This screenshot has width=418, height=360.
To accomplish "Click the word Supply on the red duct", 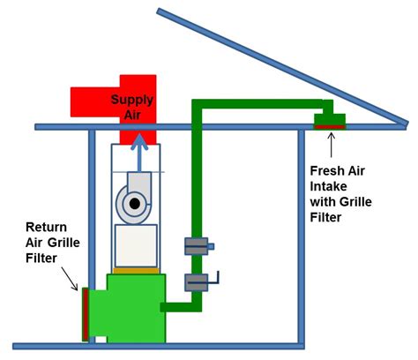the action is coord(132,101).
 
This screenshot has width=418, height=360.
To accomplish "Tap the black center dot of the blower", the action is coord(134,204).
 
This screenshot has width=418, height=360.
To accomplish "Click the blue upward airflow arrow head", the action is coord(139,142).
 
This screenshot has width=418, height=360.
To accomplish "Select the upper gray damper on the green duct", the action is coord(197,246).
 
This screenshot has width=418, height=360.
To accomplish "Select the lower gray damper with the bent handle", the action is coord(197,282).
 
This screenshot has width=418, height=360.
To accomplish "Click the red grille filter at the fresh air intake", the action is coord(330,127).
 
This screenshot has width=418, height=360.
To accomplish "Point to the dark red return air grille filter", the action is coord(86,314).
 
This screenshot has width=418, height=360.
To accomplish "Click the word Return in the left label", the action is coord(46,227).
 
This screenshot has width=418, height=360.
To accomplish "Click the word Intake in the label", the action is coord(328,186).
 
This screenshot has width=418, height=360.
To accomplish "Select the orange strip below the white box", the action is coord(136,271).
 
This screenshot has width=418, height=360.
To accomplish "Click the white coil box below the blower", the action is coord(136,246).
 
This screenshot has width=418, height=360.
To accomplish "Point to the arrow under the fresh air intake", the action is coord(332,146).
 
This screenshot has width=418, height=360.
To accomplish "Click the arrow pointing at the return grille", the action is coord(70,279).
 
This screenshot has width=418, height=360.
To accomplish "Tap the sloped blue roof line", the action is coord(282,67).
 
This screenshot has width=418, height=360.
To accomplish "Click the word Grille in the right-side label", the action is coord(355,202).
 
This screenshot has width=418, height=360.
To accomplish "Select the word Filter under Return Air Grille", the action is coord(41,259).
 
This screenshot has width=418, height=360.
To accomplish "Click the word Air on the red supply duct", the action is coord(132,115).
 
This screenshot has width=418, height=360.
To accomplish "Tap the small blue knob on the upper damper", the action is coord(211,246).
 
